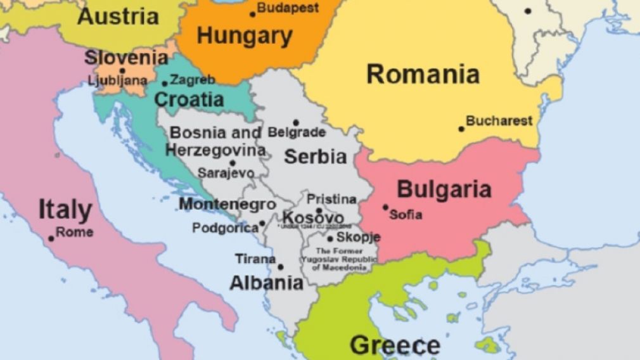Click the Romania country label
pyautogui.click(x=423, y=74)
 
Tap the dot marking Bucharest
pyautogui.click(x=461, y=129)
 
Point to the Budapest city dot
pyautogui.click(x=253, y=14)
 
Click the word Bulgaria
pyautogui.click(x=444, y=189)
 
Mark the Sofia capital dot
pyautogui.click(x=385, y=207)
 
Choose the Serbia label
pyautogui.click(x=315, y=157)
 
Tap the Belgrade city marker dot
pyautogui.click(x=295, y=123)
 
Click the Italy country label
pyautogui.click(x=65, y=210)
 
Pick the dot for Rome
pyautogui.click(x=51, y=239)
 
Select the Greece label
pyautogui.click(x=395, y=346)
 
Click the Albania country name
pyautogui.click(x=266, y=283)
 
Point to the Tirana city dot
pyautogui.click(x=281, y=267)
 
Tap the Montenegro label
pyautogui.click(x=227, y=205)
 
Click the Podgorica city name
pyautogui.click(x=224, y=228)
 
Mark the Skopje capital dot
pyautogui.click(x=330, y=239)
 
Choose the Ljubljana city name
pyautogui.click(x=118, y=80)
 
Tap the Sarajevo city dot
pyautogui.click(x=233, y=163)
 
